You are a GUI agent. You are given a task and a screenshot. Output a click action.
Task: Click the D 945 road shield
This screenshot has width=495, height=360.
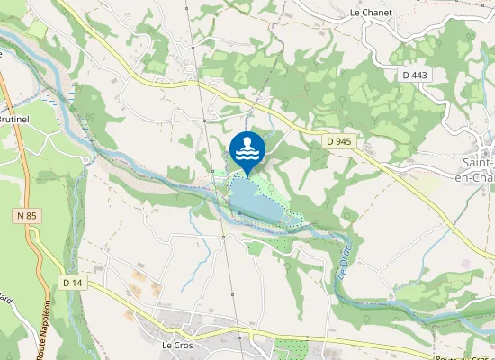[338, 141]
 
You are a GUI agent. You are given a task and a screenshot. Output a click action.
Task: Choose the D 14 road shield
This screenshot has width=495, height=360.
[73, 283]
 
